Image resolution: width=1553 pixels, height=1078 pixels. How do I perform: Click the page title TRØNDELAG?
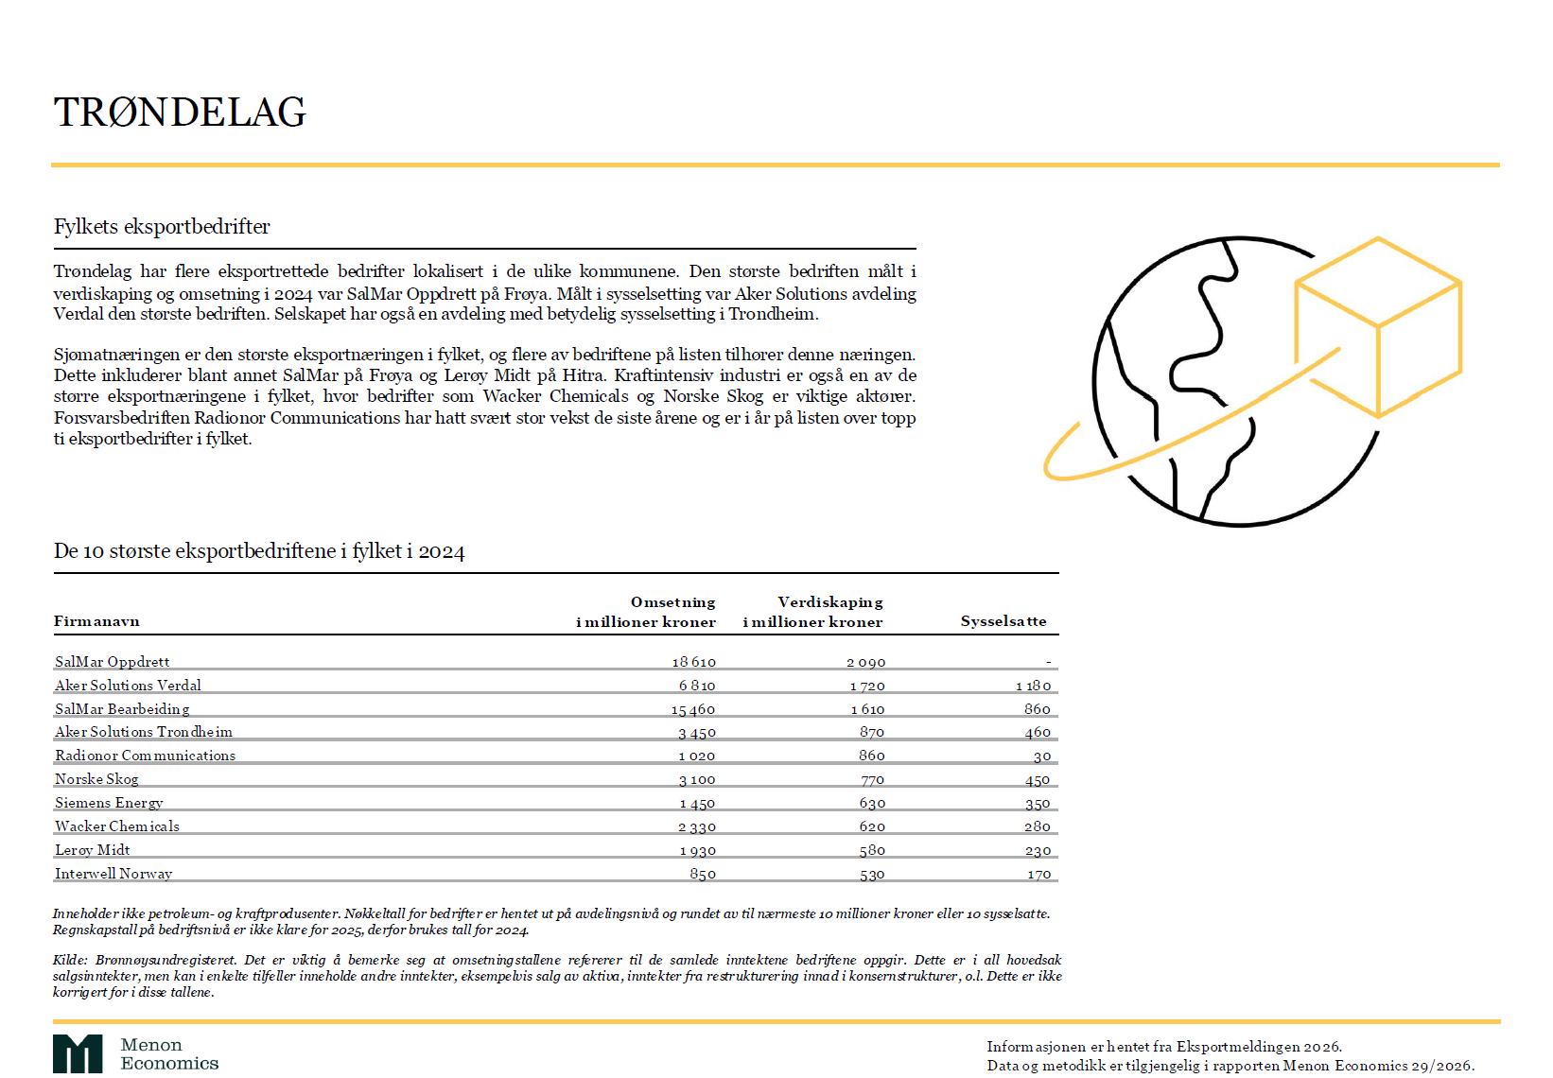tap(180, 113)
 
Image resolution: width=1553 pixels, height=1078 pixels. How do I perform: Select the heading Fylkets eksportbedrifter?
tap(162, 227)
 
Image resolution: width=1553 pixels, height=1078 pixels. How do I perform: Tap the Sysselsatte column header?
tap(1003, 621)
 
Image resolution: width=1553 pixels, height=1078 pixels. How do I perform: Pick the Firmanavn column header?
tap(96, 621)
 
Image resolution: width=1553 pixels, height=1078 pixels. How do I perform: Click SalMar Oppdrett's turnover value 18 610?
tap(694, 662)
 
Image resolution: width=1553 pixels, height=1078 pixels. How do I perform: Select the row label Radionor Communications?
tap(146, 756)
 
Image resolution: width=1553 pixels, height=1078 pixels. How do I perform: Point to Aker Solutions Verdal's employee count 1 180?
tap(1033, 686)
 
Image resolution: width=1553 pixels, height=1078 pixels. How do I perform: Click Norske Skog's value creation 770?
tap(872, 780)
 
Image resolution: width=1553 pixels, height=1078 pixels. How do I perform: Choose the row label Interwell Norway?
tap(113, 874)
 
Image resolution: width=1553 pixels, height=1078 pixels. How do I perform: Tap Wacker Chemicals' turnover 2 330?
tap(697, 827)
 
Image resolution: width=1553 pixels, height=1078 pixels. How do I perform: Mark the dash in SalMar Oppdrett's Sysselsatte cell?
tap(1048, 662)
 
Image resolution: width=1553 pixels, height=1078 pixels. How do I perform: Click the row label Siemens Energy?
tap(109, 803)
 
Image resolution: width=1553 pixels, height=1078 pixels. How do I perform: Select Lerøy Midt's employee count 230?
tap(1038, 851)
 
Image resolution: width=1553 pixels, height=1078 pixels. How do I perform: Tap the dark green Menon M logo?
tap(78, 1054)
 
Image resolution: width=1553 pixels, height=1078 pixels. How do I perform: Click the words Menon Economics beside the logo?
tap(169, 1054)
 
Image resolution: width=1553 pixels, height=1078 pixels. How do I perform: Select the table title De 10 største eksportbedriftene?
tap(259, 551)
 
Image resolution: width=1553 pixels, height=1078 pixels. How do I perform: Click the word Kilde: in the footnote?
tap(70, 961)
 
